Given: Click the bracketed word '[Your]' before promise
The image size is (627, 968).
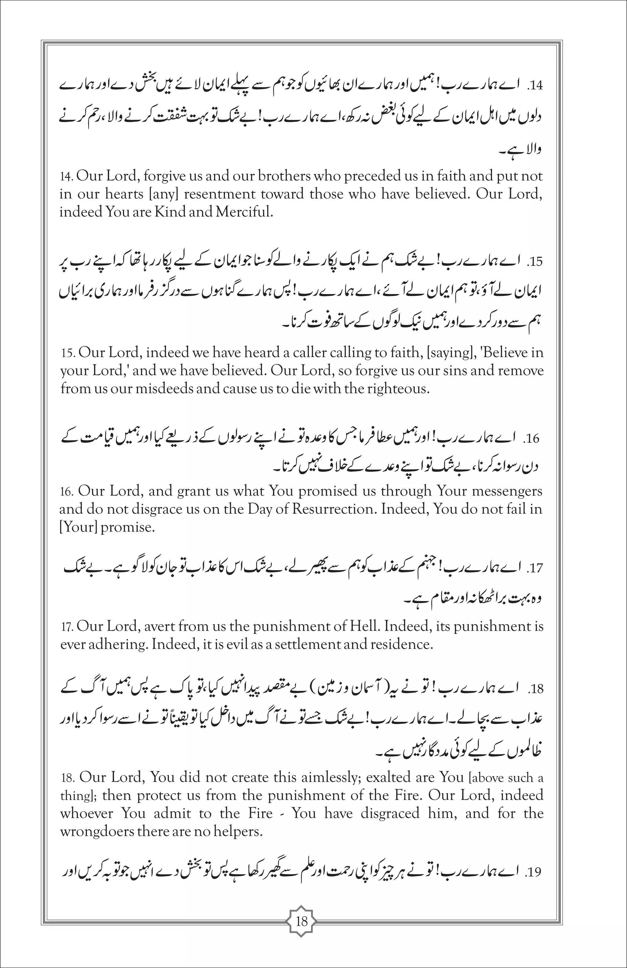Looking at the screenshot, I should (x=78, y=527).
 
